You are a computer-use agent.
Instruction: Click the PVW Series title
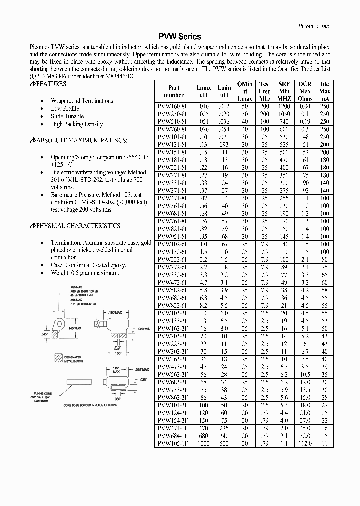click(179, 37)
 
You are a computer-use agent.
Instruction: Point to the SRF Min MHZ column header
click(284, 91)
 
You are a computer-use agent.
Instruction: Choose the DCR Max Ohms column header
click(305, 91)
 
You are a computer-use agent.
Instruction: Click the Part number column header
click(173, 91)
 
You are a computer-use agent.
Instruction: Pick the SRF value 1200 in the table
click(284, 106)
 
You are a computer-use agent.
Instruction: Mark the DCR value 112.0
click(305, 443)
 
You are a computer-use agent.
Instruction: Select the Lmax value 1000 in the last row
click(203, 443)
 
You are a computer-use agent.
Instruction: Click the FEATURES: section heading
click(50, 86)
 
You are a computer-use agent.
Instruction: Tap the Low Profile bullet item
click(65, 108)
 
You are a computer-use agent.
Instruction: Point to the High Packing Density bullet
click(77, 124)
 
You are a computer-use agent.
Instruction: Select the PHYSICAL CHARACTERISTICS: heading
click(75, 226)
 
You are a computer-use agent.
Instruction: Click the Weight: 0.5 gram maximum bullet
click(85, 273)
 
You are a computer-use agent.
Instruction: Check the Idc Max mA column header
click(324, 91)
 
